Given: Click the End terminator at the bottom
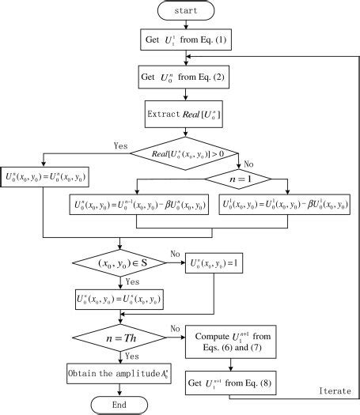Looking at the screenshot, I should [x=119, y=405].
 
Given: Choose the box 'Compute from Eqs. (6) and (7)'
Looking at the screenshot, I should [x=229, y=341].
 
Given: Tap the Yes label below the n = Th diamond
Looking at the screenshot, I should [x=131, y=357].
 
